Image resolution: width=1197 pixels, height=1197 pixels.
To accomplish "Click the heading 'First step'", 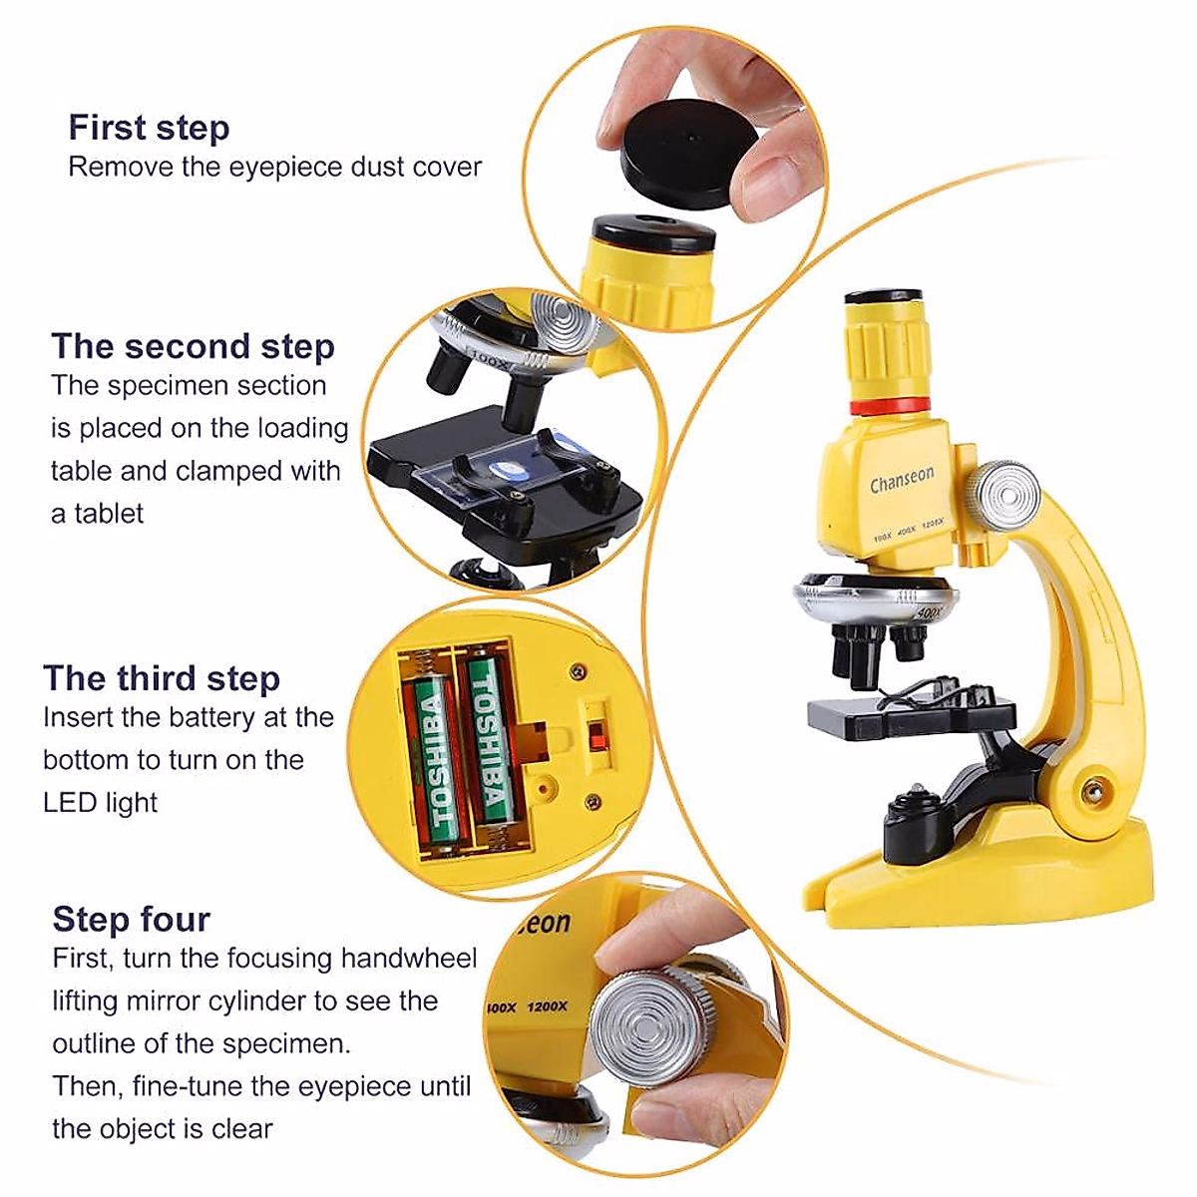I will pyautogui.click(x=149, y=128).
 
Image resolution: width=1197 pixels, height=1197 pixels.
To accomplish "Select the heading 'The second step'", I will pyautogui.click(x=193, y=346).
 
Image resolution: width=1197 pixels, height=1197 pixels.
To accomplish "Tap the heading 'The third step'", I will pyautogui.click(x=162, y=678).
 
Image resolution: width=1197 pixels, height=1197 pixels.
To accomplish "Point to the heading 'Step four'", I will pyautogui.click(x=132, y=919).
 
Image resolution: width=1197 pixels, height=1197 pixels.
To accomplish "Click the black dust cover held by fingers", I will pyautogui.click(x=688, y=150).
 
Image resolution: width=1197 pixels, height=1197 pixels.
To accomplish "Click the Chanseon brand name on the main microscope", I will pyautogui.click(x=902, y=481).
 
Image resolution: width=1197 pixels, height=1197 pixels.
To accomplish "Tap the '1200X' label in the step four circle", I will pyautogui.click(x=547, y=1006).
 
